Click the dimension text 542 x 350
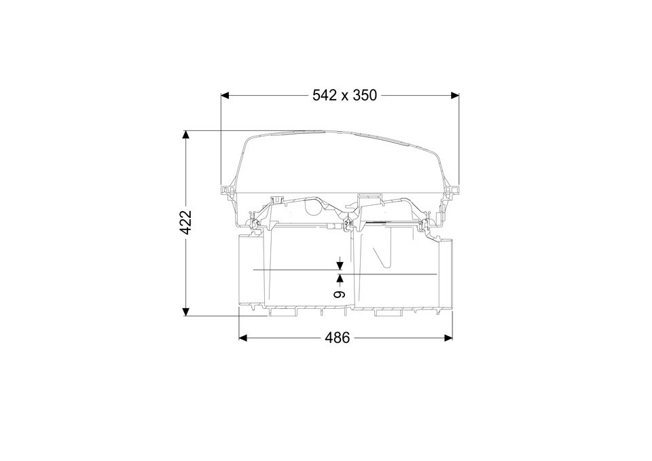coord(344,95)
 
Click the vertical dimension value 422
coord(186,223)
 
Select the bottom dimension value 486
coord(338,338)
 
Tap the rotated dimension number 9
coord(340,294)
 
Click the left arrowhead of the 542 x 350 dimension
coord(225,96)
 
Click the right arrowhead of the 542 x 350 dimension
coord(455,96)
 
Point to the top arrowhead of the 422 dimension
coord(186,134)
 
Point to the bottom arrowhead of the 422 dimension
coord(186,312)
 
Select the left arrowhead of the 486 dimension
coord(243,338)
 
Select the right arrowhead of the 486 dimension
coord(448,338)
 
